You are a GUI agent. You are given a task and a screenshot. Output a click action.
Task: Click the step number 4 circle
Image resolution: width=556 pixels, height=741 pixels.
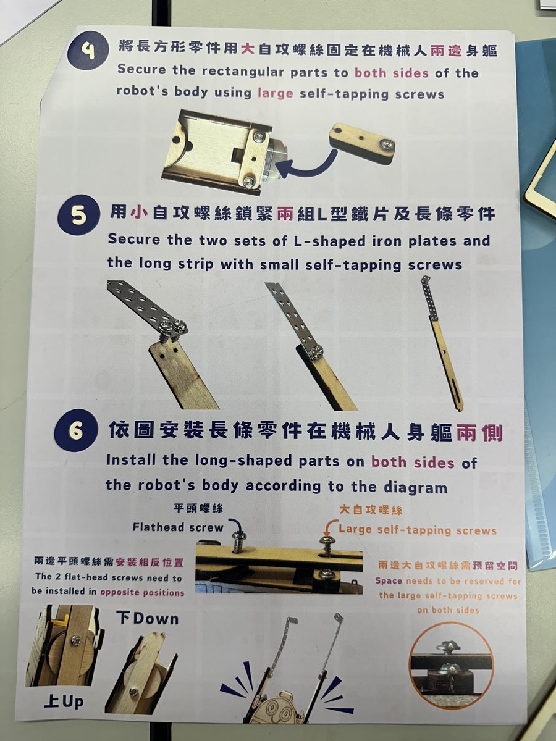click(x=88, y=51)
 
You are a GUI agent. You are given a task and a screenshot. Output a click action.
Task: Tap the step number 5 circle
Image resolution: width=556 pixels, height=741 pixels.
click(x=78, y=214)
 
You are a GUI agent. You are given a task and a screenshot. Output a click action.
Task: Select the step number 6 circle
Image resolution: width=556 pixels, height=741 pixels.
click(x=76, y=430)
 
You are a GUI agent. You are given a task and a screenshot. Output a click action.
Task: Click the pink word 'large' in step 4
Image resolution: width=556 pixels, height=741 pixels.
click(x=275, y=93)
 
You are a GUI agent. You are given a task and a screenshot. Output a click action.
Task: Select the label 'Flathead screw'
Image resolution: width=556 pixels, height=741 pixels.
click(x=178, y=527)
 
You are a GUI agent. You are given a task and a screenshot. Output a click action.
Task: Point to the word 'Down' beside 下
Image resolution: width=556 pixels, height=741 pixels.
click(x=156, y=619)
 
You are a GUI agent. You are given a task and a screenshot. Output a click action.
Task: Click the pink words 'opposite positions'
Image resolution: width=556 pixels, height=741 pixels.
click(x=142, y=592)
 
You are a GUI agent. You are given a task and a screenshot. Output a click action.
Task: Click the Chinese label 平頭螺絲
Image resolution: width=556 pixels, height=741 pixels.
click(x=198, y=508)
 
